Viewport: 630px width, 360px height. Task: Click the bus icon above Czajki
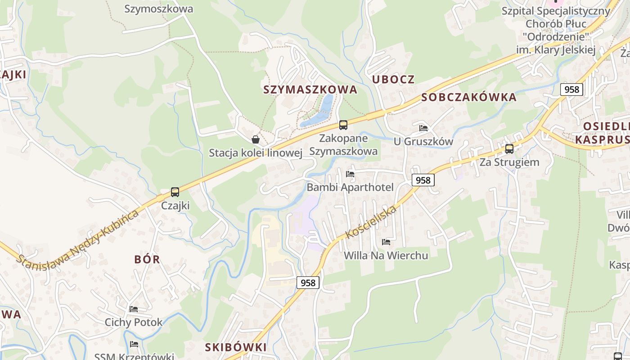pos(175,192)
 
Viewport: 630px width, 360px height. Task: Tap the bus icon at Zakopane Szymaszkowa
pos(343,125)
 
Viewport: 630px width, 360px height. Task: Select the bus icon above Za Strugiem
pos(509,148)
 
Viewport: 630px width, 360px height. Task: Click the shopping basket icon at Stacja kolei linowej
pos(256,139)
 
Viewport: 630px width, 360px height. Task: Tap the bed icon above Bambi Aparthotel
pos(350,174)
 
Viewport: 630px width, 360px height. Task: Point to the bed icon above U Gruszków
pos(423,128)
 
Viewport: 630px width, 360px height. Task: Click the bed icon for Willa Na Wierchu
pos(386,242)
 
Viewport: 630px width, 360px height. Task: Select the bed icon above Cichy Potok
pos(134,309)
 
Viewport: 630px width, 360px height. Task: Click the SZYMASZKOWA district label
pos(310,90)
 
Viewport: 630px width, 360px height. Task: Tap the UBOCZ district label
pos(393,80)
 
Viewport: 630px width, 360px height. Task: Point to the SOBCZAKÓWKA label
pos(468,97)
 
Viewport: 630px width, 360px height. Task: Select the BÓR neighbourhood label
pos(147,260)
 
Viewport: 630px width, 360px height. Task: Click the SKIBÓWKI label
pos(236,347)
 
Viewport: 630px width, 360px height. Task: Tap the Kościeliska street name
pos(371,222)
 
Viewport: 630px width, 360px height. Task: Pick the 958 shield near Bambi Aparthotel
pos(423,180)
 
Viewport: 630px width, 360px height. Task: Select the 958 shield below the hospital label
pos(571,90)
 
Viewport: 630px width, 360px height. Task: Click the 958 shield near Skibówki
pos(308,283)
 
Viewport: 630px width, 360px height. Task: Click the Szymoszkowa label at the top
pos(158,9)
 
